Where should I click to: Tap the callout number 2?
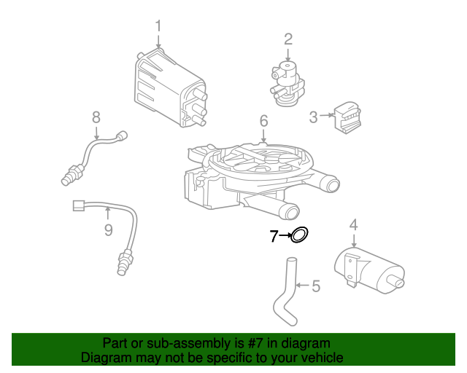coord(288,39)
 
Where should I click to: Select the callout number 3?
coord(313,116)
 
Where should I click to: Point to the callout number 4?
coord(353,225)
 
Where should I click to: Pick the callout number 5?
coord(315,286)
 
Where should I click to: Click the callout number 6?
coord(263,120)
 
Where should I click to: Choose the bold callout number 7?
coord(274,236)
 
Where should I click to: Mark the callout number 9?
coord(108,230)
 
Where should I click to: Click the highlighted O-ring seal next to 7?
coord(300,235)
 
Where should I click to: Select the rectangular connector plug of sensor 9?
coord(78,206)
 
